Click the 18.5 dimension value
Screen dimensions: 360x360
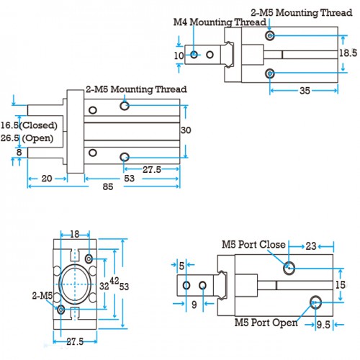tap(348, 53)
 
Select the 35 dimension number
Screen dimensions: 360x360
tap(305, 91)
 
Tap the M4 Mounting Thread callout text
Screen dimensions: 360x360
tap(220, 22)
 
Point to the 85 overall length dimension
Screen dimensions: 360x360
tap(108, 186)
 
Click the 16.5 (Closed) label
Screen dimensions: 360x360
tap(29, 125)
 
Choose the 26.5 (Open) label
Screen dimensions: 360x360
tap(27, 138)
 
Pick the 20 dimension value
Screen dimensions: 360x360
tap(47, 179)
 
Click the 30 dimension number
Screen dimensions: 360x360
tap(186, 130)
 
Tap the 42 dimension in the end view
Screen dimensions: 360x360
tap(114, 281)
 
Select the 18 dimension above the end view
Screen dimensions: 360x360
tap(75, 234)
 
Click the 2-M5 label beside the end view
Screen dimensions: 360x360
tap(42, 295)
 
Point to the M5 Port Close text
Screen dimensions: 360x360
tap(253, 245)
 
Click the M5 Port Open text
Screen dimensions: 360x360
tap(266, 323)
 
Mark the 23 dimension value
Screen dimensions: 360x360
tap(311, 246)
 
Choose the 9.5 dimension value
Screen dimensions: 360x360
tap(323, 325)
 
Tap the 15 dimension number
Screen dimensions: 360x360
tap(341, 285)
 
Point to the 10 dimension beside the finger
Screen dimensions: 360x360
tap(179, 56)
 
